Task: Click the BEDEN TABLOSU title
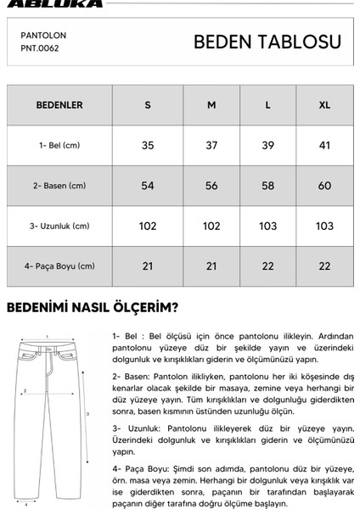pyautogui.click(x=267, y=42)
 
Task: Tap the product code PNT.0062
pyautogui.click(x=40, y=48)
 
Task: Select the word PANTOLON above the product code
pyautogui.click(x=43, y=36)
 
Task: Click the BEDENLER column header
pyautogui.click(x=59, y=105)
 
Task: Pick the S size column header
pyautogui.click(x=148, y=105)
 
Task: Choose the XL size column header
pyautogui.click(x=323, y=105)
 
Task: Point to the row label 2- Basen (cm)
pyautogui.click(x=59, y=186)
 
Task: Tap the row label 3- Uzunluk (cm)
pyautogui.click(x=59, y=226)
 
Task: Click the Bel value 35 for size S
pyautogui.click(x=148, y=145)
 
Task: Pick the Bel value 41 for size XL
pyautogui.click(x=323, y=145)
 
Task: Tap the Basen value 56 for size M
pyautogui.click(x=211, y=186)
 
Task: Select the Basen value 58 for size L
pyautogui.click(x=268, y=186)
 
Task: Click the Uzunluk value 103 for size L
pyautogui.click(x=268, y=226)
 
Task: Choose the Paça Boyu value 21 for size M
pyautogui.click(x=211, y=266)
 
